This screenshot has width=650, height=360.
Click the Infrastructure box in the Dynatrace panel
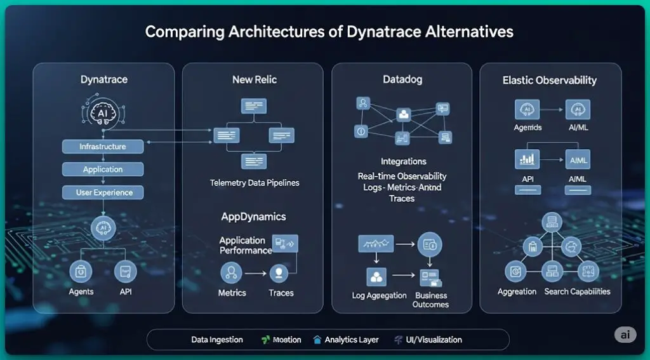point(103,147)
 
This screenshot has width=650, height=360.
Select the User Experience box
point(103,192)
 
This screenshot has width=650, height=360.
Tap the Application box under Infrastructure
point(103,170)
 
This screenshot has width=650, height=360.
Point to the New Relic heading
point(255,80)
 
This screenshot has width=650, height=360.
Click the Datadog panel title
point(402,80)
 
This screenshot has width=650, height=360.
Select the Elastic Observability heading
point(550,81)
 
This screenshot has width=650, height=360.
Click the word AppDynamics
point(253,217)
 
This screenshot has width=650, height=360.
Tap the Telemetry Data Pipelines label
point(255,183)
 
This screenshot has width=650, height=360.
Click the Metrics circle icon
point(231,274)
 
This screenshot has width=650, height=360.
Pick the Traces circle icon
point(280,274)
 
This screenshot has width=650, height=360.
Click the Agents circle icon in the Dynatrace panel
point(81,272)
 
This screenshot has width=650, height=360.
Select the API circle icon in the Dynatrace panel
point(125,272)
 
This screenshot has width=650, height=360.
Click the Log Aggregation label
point(380,296)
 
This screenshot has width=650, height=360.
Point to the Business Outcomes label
point(431,300)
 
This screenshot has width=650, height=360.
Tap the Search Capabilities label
point(577,291)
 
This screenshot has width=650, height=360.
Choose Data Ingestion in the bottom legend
point(217,340)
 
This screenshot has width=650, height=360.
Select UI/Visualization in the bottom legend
point(434,340)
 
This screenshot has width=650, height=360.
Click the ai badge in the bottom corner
point(625,335)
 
